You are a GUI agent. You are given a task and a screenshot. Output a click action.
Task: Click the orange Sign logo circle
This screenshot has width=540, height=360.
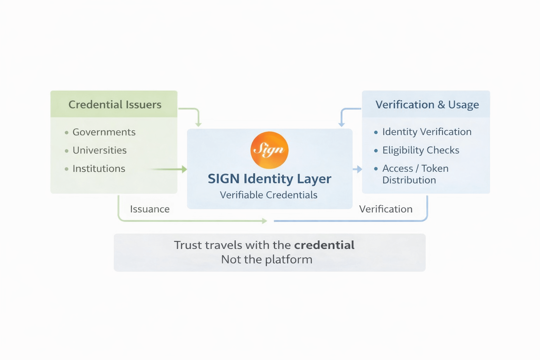tap(269, 150)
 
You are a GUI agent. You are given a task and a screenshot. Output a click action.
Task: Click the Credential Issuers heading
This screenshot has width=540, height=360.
tap(115, 104)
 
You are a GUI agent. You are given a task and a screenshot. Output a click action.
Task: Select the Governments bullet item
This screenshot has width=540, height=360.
tap(104, 132)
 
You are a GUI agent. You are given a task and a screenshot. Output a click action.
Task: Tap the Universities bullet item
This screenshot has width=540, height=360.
tap(99, 150)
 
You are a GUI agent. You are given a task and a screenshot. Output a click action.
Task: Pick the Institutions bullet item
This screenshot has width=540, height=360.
tap(99, 169)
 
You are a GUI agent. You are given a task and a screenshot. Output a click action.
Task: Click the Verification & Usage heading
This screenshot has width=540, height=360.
tap(427, 105)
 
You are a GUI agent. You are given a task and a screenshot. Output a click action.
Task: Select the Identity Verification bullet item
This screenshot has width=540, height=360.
tap(426, 132)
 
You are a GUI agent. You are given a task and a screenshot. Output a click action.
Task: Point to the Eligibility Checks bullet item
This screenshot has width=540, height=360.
tap(420, 150)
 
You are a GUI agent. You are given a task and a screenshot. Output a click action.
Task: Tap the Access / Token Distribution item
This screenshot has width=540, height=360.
tap(415, 174)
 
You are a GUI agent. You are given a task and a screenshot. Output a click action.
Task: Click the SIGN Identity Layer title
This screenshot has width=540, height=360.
tap(269, 179)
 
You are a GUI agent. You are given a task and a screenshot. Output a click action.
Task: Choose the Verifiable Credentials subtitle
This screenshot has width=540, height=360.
tap(269, 195)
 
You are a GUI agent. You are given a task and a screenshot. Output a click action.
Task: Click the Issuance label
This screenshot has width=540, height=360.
tap(150, 209)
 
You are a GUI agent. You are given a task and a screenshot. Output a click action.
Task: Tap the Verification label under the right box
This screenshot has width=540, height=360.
tap(386, 209)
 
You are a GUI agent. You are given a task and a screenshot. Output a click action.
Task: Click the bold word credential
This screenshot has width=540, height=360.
tap(324, 245)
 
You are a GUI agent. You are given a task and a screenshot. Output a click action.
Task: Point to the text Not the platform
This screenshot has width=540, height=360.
tap(266, 259)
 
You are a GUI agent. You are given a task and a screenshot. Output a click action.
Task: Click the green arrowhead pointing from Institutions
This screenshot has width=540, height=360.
tap(184, 169)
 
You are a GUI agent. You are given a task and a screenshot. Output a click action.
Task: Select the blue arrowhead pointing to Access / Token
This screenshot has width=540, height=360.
tap(359, 169)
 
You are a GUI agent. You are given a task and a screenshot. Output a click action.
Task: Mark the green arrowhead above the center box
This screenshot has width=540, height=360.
tap(198, 124)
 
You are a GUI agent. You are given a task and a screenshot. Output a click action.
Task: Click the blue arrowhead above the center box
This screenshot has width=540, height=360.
tap(341, 124)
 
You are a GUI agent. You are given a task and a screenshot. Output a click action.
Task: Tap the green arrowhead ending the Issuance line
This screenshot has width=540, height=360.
tap(264, 221)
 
